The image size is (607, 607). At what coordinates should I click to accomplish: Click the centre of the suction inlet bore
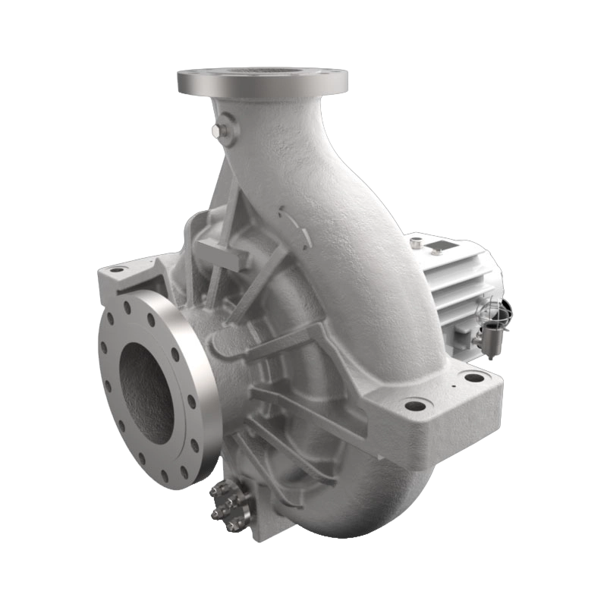pyautogui.click(x=147, y=392)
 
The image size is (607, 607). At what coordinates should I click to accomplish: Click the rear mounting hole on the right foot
pyautogui.click(x=474, y=377)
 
